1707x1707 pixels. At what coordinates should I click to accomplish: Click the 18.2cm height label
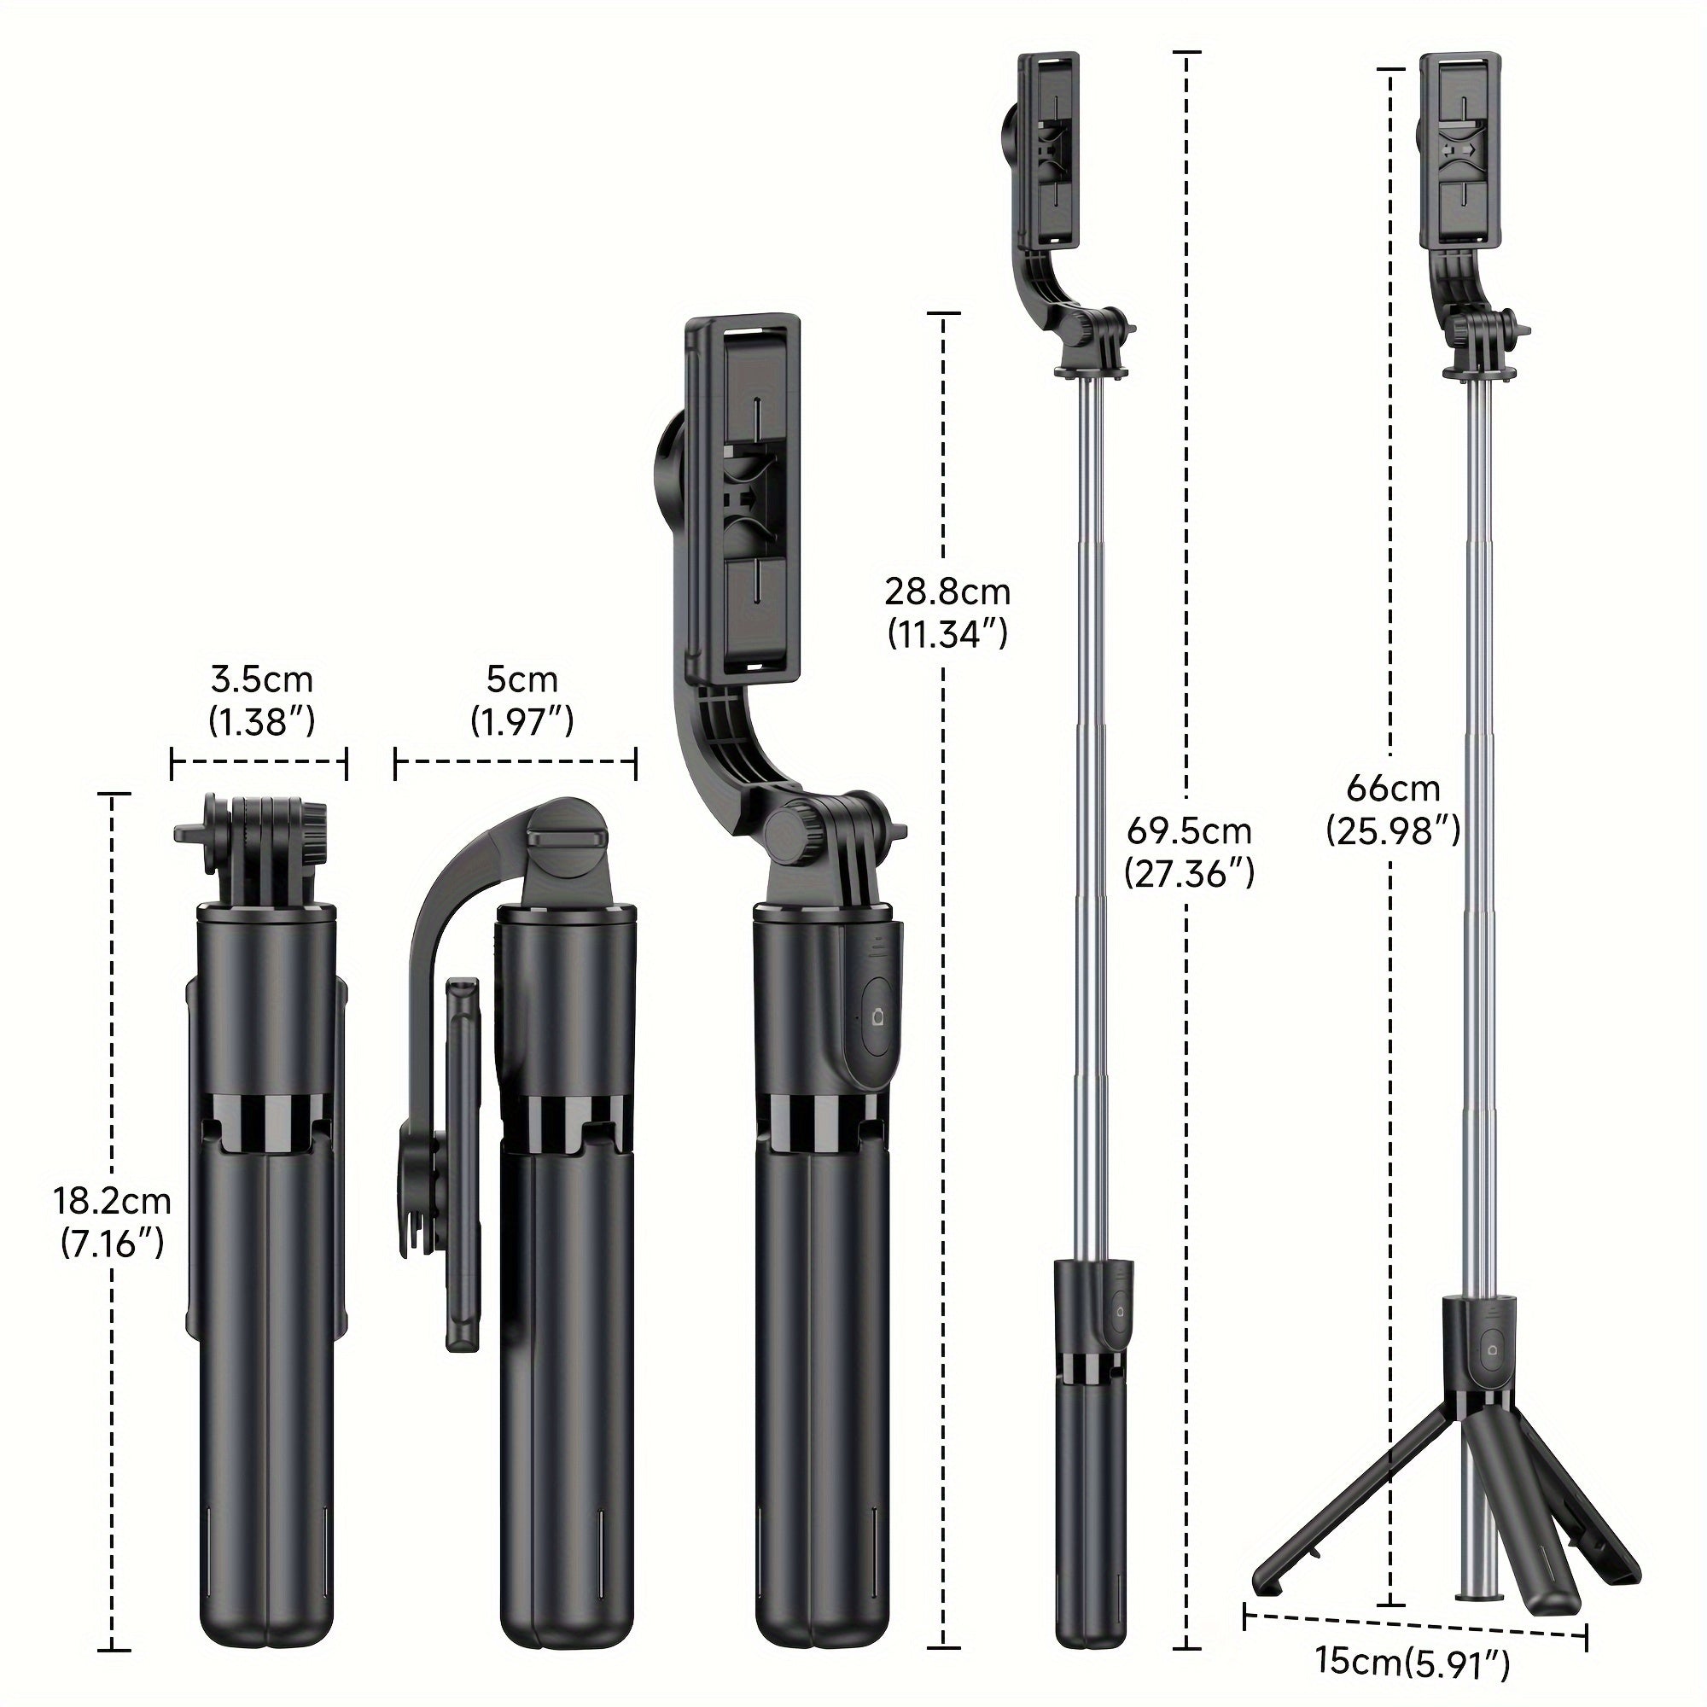112,1202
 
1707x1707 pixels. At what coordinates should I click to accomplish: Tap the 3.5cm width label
261,679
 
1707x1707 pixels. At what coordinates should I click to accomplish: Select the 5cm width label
521,679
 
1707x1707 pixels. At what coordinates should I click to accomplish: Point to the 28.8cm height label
947,591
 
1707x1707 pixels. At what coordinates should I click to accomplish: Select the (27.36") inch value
1188,875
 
